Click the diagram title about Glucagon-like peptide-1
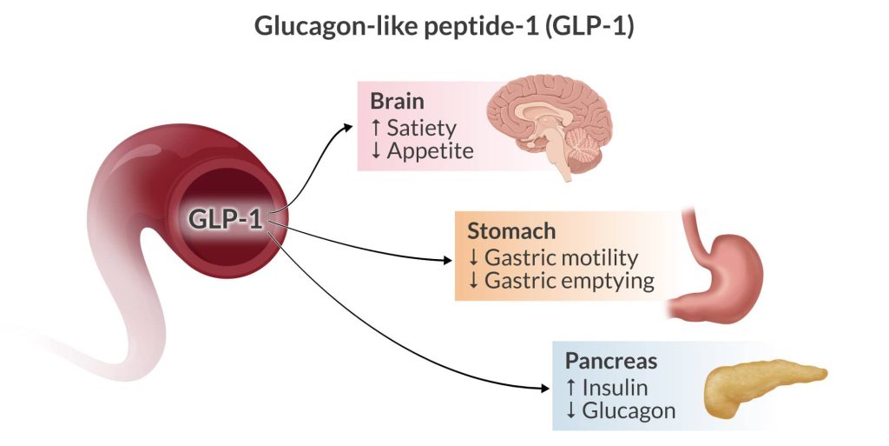[444, 26]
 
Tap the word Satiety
[421, 127]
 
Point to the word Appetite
[430, 151]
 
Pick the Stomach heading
[511, 232]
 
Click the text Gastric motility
[561, 258]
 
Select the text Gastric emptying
[569, 282]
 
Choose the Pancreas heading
[611, 360]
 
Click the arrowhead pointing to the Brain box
[349, 127]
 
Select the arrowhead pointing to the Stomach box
[446, 259]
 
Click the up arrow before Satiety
[375, 127]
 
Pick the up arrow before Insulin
[570, 387]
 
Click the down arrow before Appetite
[375, 151]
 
